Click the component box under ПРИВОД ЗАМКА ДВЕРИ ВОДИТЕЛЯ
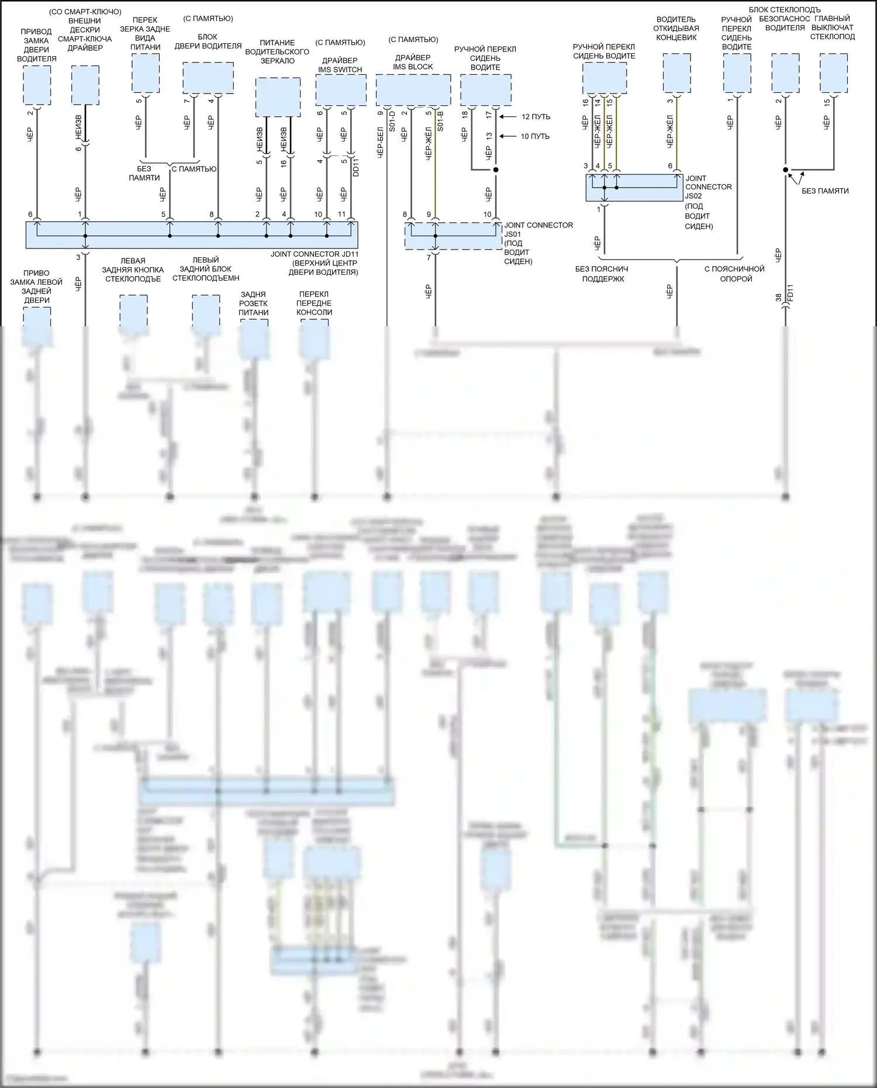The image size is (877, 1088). (37, 85)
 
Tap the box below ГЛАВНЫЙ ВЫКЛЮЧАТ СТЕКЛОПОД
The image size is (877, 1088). (833, 73)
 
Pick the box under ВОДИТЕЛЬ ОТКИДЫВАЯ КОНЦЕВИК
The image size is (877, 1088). (677, 73)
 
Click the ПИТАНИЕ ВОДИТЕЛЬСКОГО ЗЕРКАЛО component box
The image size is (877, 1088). (278, 97)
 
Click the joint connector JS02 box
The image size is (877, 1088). (634, 188)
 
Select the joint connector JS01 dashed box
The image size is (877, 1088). (453, 236)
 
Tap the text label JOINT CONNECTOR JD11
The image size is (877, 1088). (315, 254)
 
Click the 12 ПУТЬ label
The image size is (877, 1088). (536, 117)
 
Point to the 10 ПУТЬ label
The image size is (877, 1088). (535, 137)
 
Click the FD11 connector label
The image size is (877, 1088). (790, 292)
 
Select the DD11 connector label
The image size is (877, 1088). (355, 168)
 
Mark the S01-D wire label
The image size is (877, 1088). (392, 121)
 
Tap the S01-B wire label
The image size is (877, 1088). (440, 121)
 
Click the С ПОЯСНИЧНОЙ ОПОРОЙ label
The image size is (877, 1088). (735, 274)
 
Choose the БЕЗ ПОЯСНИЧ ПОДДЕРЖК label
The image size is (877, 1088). (601, 274)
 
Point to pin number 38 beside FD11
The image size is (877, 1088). (778, 298)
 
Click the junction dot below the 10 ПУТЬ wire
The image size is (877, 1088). (496, 170)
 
